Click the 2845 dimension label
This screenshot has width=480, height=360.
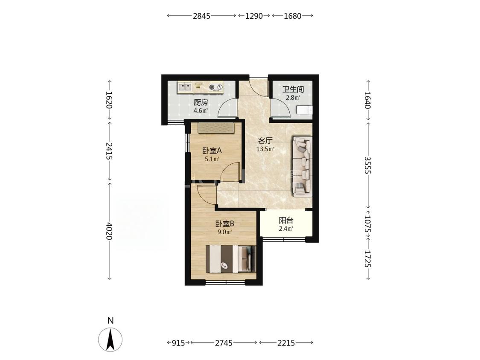201,16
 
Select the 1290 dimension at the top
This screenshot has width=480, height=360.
254,16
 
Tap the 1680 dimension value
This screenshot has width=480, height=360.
293,16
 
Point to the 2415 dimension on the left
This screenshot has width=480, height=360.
110,151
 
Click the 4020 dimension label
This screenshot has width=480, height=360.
110,232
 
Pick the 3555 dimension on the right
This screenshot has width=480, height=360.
368,165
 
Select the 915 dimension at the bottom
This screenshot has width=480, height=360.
178,343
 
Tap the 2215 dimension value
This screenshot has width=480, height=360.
286,343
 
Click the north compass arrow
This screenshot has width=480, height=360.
111,339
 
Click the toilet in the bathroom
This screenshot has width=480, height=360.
304,110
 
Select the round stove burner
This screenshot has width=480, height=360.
212,87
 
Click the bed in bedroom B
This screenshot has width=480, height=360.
231,258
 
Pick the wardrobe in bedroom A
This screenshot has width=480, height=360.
216,128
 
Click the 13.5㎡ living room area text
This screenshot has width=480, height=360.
265,149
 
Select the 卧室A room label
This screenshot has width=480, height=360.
212,151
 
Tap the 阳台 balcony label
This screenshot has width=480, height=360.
286,221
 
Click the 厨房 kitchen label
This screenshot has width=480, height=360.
201,102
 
